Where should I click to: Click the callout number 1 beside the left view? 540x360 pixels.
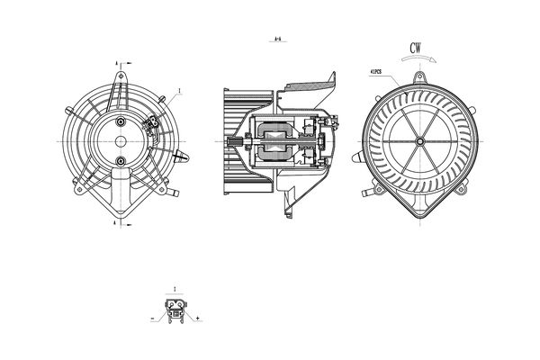tap(181, 91)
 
